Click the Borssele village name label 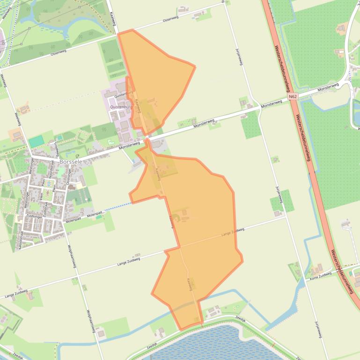coord(71,162)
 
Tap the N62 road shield coord(293,97)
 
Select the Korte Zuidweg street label coord(320,277)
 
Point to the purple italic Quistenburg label coord(121,107)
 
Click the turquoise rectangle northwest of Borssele coord(36,141)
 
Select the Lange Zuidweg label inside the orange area coord(233,231)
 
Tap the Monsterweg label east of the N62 coord(328,87)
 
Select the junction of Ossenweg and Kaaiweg coord(115,34)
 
